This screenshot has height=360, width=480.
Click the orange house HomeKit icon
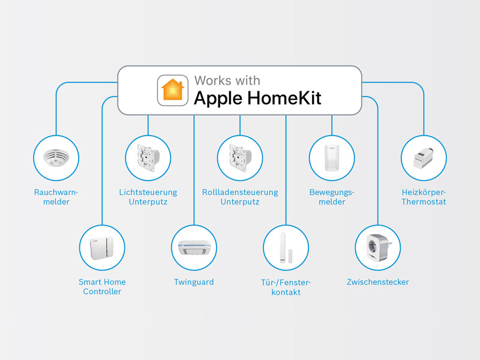tap(173, 91)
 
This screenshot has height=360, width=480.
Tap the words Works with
tap(227, 80)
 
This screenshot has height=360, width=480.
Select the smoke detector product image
tap(56, 158)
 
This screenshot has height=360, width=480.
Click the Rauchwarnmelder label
tap(56, 197)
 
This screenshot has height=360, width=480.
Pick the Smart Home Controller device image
tap(102, 248)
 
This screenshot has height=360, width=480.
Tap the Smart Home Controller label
tap(102, 287)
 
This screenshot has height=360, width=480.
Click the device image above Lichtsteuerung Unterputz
tap(148, 158)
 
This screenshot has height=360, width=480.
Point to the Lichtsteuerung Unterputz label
tap(148, 197)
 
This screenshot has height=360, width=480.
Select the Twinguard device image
tap(194, 247)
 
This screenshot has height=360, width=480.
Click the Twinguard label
tap(194, 282)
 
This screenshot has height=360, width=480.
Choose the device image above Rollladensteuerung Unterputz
tap(241, 158)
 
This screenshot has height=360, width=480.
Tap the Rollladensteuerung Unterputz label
tap(240, 197)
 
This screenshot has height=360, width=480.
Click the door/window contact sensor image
tap(286, 248)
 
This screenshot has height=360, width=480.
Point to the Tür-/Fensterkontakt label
tap(286, 287)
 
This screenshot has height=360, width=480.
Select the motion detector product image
tap(332, 158)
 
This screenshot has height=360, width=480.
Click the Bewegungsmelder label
tap(332, 197)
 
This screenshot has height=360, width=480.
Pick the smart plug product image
tap(379, 247)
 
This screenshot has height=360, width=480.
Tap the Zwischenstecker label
tap(378, 282)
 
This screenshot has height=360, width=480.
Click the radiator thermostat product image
tap(424, 158)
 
